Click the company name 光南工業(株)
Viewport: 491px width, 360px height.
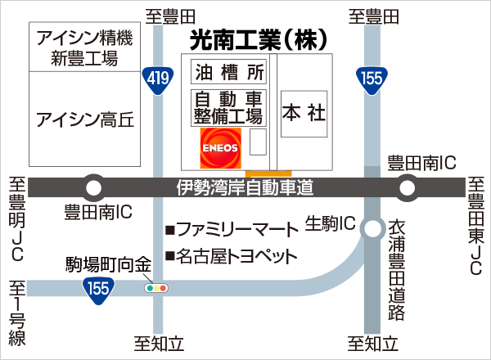coord(259,38)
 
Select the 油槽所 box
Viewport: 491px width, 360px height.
coord(228,72)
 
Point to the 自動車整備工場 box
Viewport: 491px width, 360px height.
coord(228,107)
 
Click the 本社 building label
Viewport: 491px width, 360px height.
coord(304,113)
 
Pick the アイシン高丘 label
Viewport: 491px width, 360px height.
coord(85,121)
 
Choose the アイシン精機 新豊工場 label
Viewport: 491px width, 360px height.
coord(85,47)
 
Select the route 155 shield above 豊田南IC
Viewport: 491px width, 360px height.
coord(371,79)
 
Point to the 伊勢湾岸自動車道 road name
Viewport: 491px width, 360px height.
coord(245,188)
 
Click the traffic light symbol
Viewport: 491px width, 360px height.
coord(155,288)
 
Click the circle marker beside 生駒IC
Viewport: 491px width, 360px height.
coord(373,228)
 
